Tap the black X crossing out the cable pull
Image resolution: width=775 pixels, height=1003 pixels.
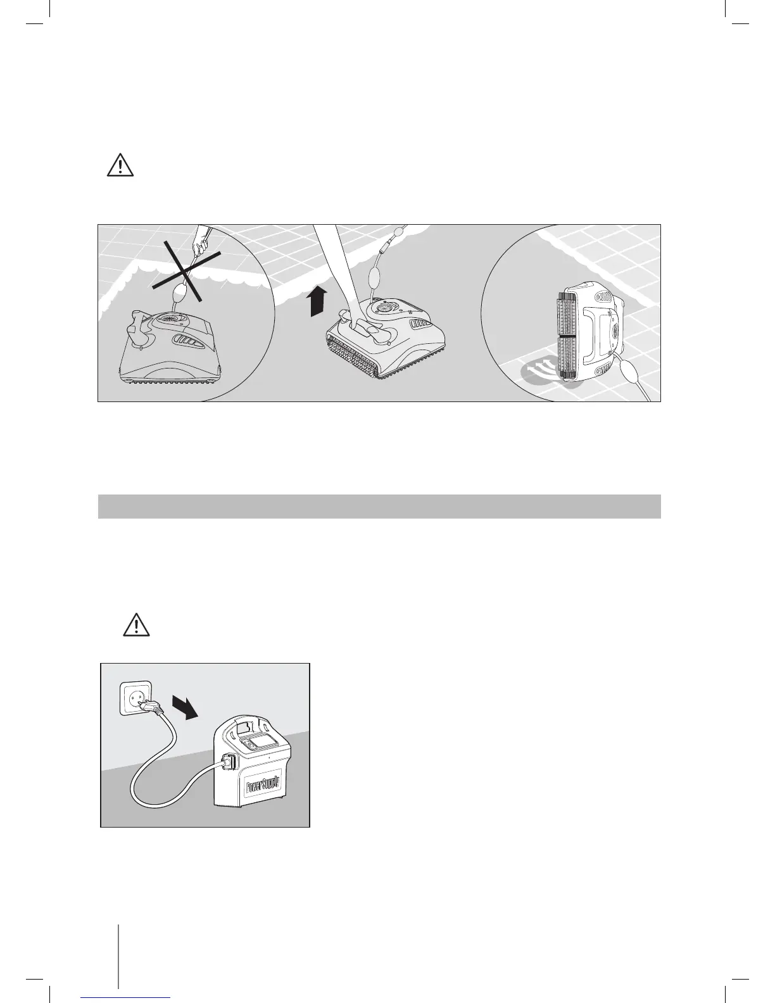(x=184, y=272)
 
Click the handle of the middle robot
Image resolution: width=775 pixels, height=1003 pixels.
(x=362, y=327)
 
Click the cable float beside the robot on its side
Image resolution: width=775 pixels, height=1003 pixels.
(x=629, y=371)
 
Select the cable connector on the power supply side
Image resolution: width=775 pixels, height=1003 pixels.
(x=230, y=765)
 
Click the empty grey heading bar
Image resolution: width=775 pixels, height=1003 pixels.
(x=379, y=507)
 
